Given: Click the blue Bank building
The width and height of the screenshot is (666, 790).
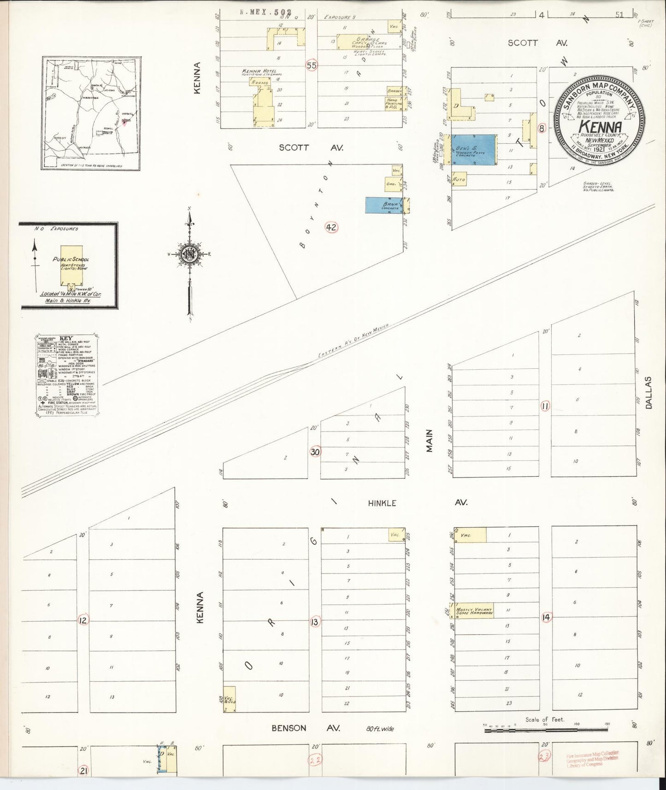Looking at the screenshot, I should pos(383,205).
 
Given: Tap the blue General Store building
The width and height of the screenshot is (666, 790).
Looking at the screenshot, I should pos(475,149).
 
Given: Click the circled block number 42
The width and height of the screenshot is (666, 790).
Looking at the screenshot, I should pos(331,227).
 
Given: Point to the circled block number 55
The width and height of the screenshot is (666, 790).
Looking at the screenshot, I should pos(312,65).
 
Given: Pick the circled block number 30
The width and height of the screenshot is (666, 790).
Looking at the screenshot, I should pos(315,452).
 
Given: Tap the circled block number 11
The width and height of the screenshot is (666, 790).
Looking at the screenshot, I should pos(545,406).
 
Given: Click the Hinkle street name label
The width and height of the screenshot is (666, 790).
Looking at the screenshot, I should pos(382,503).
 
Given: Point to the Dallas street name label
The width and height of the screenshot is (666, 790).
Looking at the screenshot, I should pos(649,392).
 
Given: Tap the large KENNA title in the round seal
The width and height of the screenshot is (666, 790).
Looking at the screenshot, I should pos(599,126).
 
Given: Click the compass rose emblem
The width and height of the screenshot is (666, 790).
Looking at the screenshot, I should pos(189,254).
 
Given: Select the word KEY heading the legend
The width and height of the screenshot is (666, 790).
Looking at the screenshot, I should pos(67,338).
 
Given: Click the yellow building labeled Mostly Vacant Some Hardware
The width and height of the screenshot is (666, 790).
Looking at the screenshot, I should pos(474,610).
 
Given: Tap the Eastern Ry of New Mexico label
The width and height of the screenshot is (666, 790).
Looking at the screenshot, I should pos(354,341).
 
